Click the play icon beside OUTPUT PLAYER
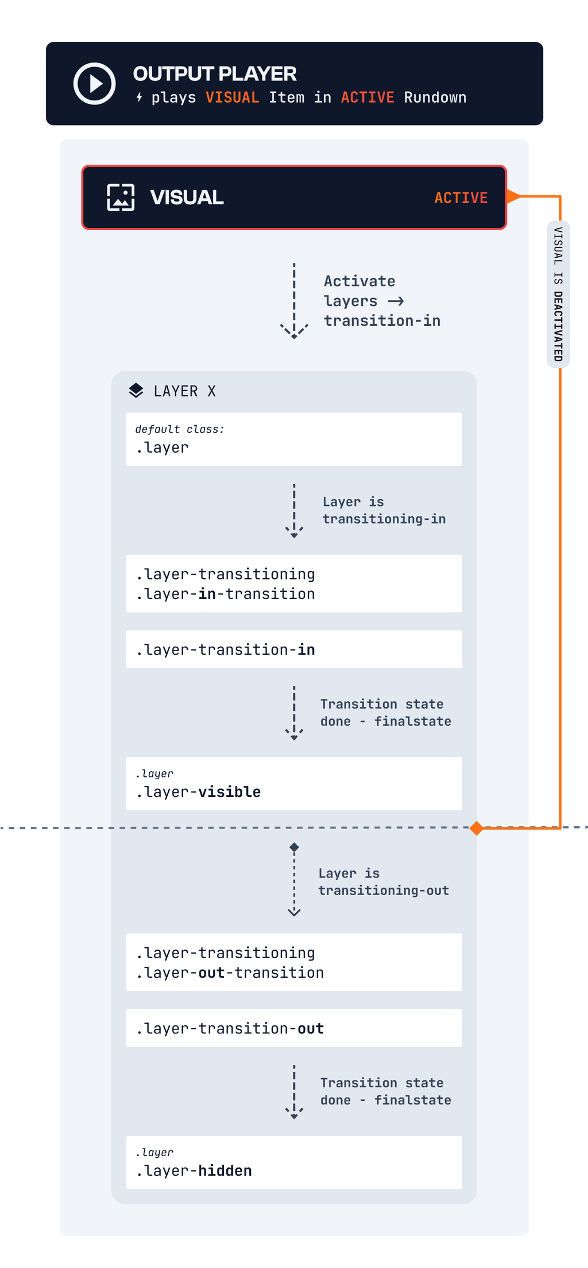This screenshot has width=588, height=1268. (95, 84)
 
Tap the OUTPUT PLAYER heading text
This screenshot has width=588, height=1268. (215, 74)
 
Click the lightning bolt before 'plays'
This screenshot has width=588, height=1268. (139, 98)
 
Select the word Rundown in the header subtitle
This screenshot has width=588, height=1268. (435, 98)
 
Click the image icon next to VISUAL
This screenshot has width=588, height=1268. (121, 197)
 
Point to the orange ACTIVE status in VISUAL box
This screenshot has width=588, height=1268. (461, 198)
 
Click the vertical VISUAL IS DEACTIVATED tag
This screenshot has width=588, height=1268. (558, 294)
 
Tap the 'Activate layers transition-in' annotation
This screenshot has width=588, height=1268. (382, 301)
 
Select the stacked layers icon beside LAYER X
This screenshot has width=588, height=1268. (136, 391)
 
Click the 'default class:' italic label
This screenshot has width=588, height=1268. (180, 429)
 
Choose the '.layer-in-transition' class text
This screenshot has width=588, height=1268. (226, 594)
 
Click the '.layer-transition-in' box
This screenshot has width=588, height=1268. (294, 649)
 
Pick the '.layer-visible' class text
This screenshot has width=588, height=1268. (199, 792)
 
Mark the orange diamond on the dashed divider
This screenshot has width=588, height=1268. (476, 828)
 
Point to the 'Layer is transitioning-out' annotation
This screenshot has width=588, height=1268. (384, 882)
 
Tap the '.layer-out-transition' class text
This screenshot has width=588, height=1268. (230, 973)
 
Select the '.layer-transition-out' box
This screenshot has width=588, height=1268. (294, 1028)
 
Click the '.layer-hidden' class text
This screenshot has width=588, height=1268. (194, 1171)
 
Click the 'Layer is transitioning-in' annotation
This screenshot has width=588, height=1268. (384, 510)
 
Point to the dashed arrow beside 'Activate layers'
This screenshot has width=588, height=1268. (294, 301)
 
